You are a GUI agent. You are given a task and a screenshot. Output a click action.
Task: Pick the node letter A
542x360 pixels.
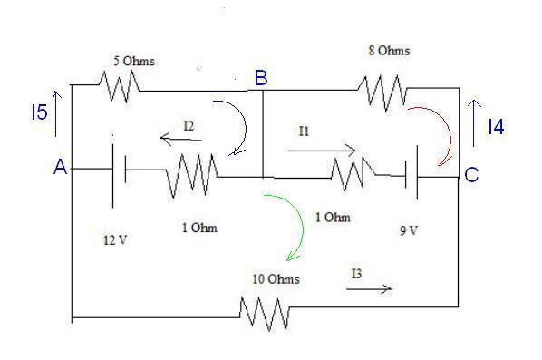(x=61, y=167)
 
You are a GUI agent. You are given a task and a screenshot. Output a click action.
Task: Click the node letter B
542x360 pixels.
(x=260, y=79)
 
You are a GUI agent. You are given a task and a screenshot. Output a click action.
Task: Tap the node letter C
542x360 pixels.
(x=471, y=175)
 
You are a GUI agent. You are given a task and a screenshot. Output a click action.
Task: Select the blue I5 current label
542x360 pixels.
(x=36, y=112)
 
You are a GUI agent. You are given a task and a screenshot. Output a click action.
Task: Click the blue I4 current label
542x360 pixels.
(x=495, y=128)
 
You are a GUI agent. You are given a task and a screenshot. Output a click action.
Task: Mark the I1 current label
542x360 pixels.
(x=305, y=131)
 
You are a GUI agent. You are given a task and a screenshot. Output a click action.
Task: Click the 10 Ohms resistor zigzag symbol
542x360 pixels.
(x=265, y=313)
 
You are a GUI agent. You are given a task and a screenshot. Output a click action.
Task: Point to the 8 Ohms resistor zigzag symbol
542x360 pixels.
(x=384, y=88)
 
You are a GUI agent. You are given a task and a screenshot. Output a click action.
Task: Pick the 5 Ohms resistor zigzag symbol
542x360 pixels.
(x=117, y=86)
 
